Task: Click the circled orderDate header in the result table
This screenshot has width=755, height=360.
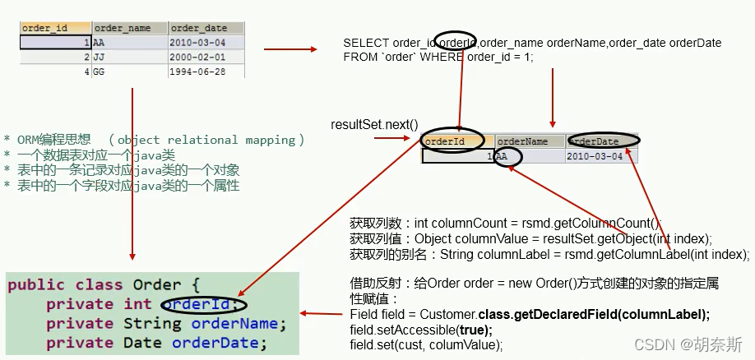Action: click(604, 141)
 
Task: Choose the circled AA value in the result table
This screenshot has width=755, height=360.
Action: click(507, 156)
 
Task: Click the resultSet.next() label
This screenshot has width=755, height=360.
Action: click(374, 124)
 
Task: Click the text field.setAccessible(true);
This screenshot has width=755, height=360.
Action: click(420, 330)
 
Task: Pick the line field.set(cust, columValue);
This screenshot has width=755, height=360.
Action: click(425, 344)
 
